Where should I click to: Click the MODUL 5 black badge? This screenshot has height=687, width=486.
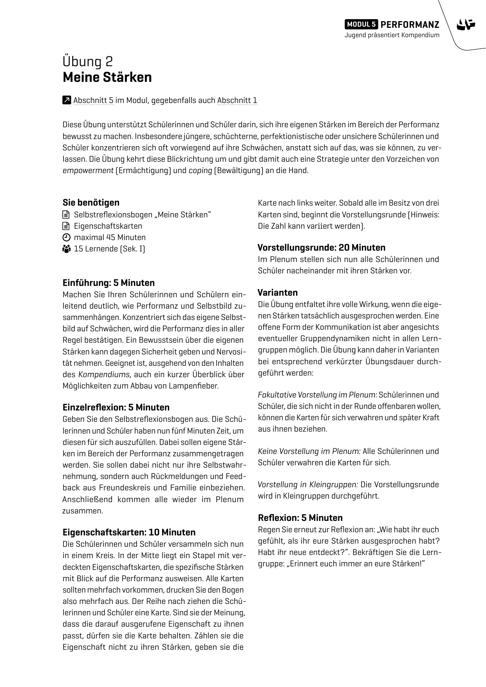(361, 24)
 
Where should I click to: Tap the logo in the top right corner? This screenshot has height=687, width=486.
(465, 25)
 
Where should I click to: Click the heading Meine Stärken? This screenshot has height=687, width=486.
(107, 77)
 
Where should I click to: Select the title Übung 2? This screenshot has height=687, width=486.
(88, 61)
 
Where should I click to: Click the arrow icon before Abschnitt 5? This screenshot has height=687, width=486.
(67, 100)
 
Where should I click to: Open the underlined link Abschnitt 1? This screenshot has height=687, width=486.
(237, 100)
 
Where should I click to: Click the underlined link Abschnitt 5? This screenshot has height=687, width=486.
(93, 100)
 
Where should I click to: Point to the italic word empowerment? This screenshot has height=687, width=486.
(88, 171)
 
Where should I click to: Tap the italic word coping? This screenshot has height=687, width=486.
(200, 171)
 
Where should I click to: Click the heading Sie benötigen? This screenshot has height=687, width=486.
(91, 202)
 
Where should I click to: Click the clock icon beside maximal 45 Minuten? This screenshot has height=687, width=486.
(66, 237)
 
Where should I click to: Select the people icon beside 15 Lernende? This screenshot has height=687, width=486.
(66, 249)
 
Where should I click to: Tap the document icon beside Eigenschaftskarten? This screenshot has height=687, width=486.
(66, 226)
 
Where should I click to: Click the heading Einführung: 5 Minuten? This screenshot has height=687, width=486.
(108, 283)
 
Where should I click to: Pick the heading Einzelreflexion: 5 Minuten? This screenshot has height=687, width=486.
(116, 407)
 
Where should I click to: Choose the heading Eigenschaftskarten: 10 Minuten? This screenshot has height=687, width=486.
(129, 532)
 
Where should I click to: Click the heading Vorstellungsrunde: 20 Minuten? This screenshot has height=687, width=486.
(321, 248)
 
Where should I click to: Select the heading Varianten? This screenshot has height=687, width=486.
(278, 293)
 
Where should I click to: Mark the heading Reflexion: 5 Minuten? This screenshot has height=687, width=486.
(300, 518)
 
